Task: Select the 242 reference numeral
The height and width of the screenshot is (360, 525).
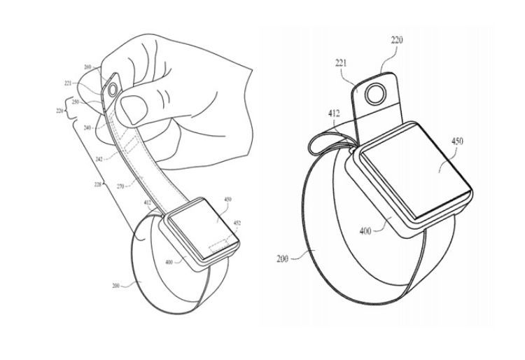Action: [x=101, y=160]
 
